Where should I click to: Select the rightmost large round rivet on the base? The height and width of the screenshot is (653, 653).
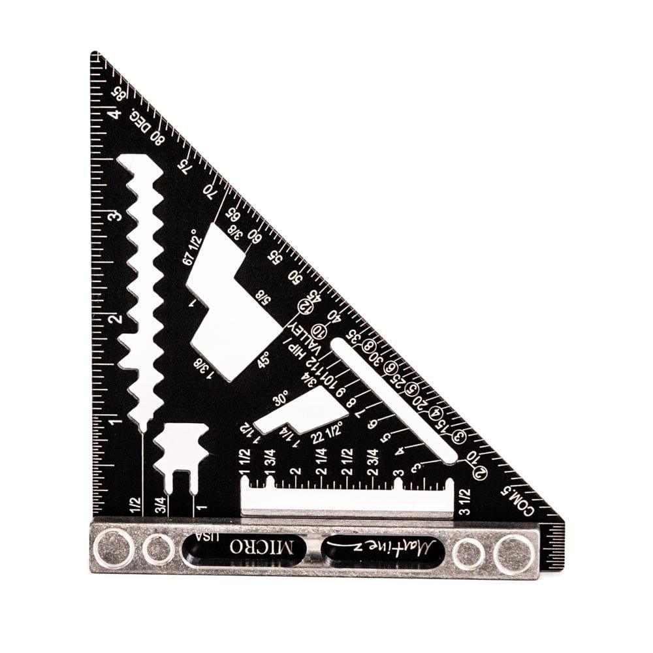(x=513, y=553)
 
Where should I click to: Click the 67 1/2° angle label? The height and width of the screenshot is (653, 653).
(x=190, y=247)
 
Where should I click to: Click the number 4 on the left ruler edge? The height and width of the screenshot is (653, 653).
(x=114, y=115)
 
